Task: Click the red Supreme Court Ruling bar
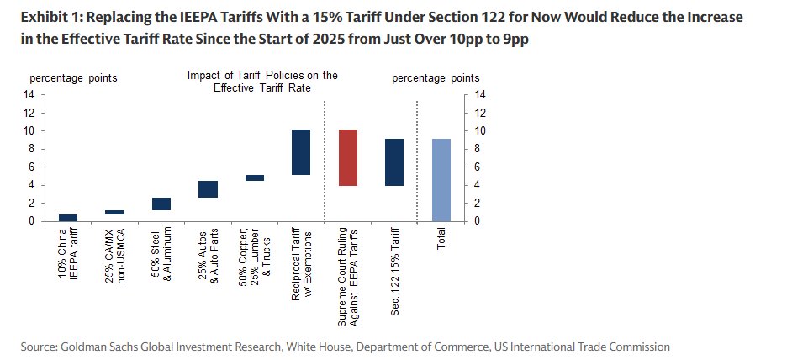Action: pyautogui.click(x=347, y=157)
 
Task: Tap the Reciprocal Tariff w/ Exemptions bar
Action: pyautogui.click(x=301, y=152)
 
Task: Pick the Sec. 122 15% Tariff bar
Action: pyautogui.click(x=393, y=162)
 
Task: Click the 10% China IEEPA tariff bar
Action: pyautogui.click(x=68, y=218)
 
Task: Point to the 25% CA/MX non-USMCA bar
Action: pyautogui.click(x=114, y=213)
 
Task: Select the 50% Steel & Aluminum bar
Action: pyautogui.click(x=161, y=204)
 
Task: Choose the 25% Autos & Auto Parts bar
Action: pyautogui.click(x=208, y=189)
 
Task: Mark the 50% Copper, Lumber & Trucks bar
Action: pyautogui.click(x=254, y=177)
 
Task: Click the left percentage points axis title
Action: pyautogui.click(x=74, y=78)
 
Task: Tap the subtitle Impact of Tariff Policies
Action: pyautogui.click(x=262, y=81)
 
